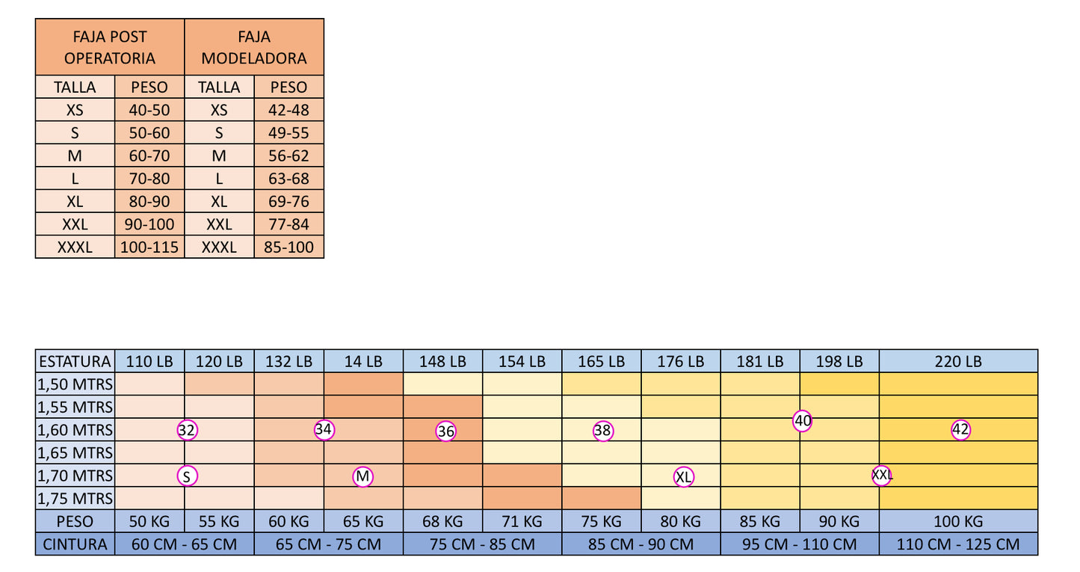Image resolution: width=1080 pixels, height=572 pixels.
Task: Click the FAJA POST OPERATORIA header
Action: click(x=110, y=47)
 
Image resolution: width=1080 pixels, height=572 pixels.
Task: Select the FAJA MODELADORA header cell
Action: click(x=254, y=47)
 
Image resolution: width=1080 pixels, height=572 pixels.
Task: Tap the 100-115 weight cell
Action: click(x=149, y=247)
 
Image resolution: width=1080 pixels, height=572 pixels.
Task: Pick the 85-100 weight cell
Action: click(x=288, y=247)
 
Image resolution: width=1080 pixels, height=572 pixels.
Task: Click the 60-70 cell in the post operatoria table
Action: click(x=149, y=156)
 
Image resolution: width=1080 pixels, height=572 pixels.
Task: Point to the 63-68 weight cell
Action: click(x=288, y=179)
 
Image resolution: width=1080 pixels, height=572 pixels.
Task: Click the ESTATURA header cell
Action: click(x=75, y=361)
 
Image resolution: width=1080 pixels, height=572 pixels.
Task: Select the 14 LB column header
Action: click(x=363, y=361)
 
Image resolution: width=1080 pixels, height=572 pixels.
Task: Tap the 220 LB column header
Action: click(x=958, y=361)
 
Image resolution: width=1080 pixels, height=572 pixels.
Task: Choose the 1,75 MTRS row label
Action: click(x=75, y=499)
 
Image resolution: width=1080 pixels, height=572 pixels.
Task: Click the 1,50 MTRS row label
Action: click(x=75, y=384)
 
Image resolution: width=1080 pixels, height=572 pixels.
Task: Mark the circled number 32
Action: click(x=187, y=430)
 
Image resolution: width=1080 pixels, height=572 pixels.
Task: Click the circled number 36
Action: click(x=445, y=431)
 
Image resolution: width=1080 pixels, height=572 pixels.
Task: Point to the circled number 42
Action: click(x=960, y=430)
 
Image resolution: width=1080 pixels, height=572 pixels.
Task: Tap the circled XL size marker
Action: click(x=684, y=477)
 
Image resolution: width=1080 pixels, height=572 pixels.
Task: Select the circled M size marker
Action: click(x=362, y=476)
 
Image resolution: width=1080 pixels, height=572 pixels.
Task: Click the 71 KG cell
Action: click(x=522, y=521)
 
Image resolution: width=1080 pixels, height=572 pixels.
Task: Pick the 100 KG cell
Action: click(x=958, y=521)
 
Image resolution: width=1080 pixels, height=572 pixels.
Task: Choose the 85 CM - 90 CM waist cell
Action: click(x=641, y=544)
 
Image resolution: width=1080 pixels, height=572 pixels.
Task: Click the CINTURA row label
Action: click(x=75, y=544)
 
